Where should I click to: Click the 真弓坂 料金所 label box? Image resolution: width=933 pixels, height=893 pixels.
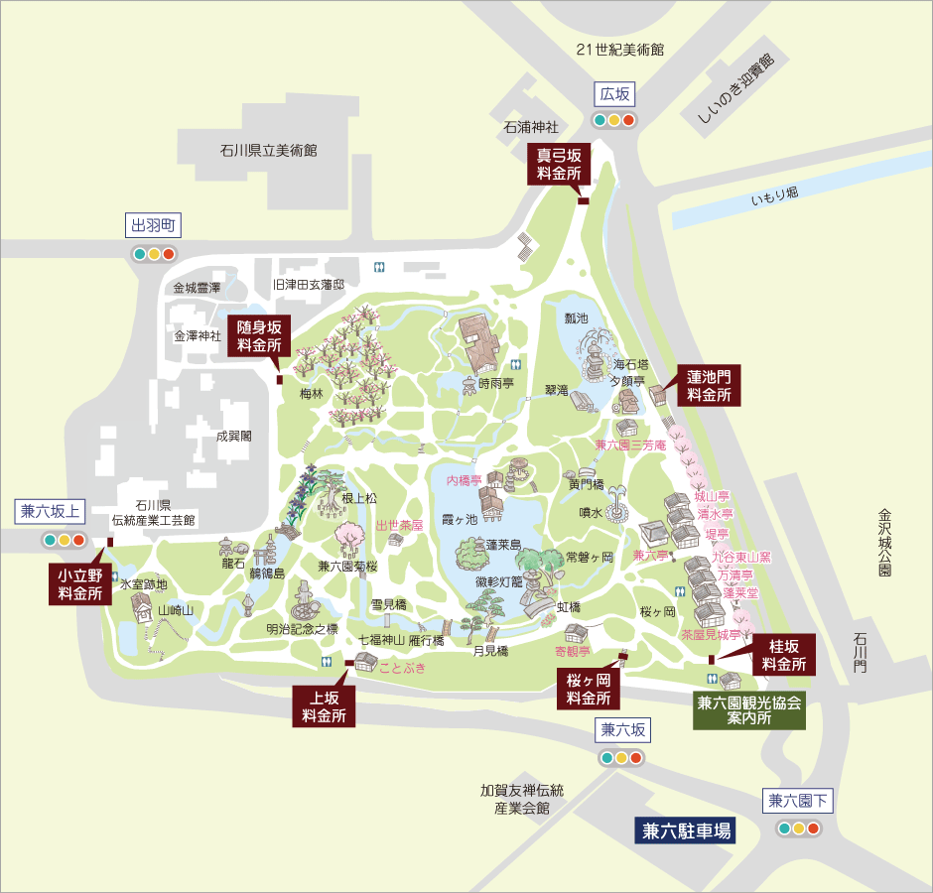pos(559,163)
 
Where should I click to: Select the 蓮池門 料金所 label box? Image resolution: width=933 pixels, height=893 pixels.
pos(711,385)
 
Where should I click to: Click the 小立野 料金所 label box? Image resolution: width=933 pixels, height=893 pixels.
pos(79,584)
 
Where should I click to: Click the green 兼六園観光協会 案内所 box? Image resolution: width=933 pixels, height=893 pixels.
pos(747,709)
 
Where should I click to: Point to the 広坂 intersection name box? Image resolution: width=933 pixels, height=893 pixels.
pos(614,94)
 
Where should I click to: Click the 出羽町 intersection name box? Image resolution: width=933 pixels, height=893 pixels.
pos(153,226)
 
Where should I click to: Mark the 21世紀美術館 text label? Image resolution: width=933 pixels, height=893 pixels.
pos(619,50)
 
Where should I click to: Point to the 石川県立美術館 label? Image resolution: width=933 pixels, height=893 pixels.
pos(268,151)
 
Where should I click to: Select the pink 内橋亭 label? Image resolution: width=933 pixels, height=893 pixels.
pos(464,480)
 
